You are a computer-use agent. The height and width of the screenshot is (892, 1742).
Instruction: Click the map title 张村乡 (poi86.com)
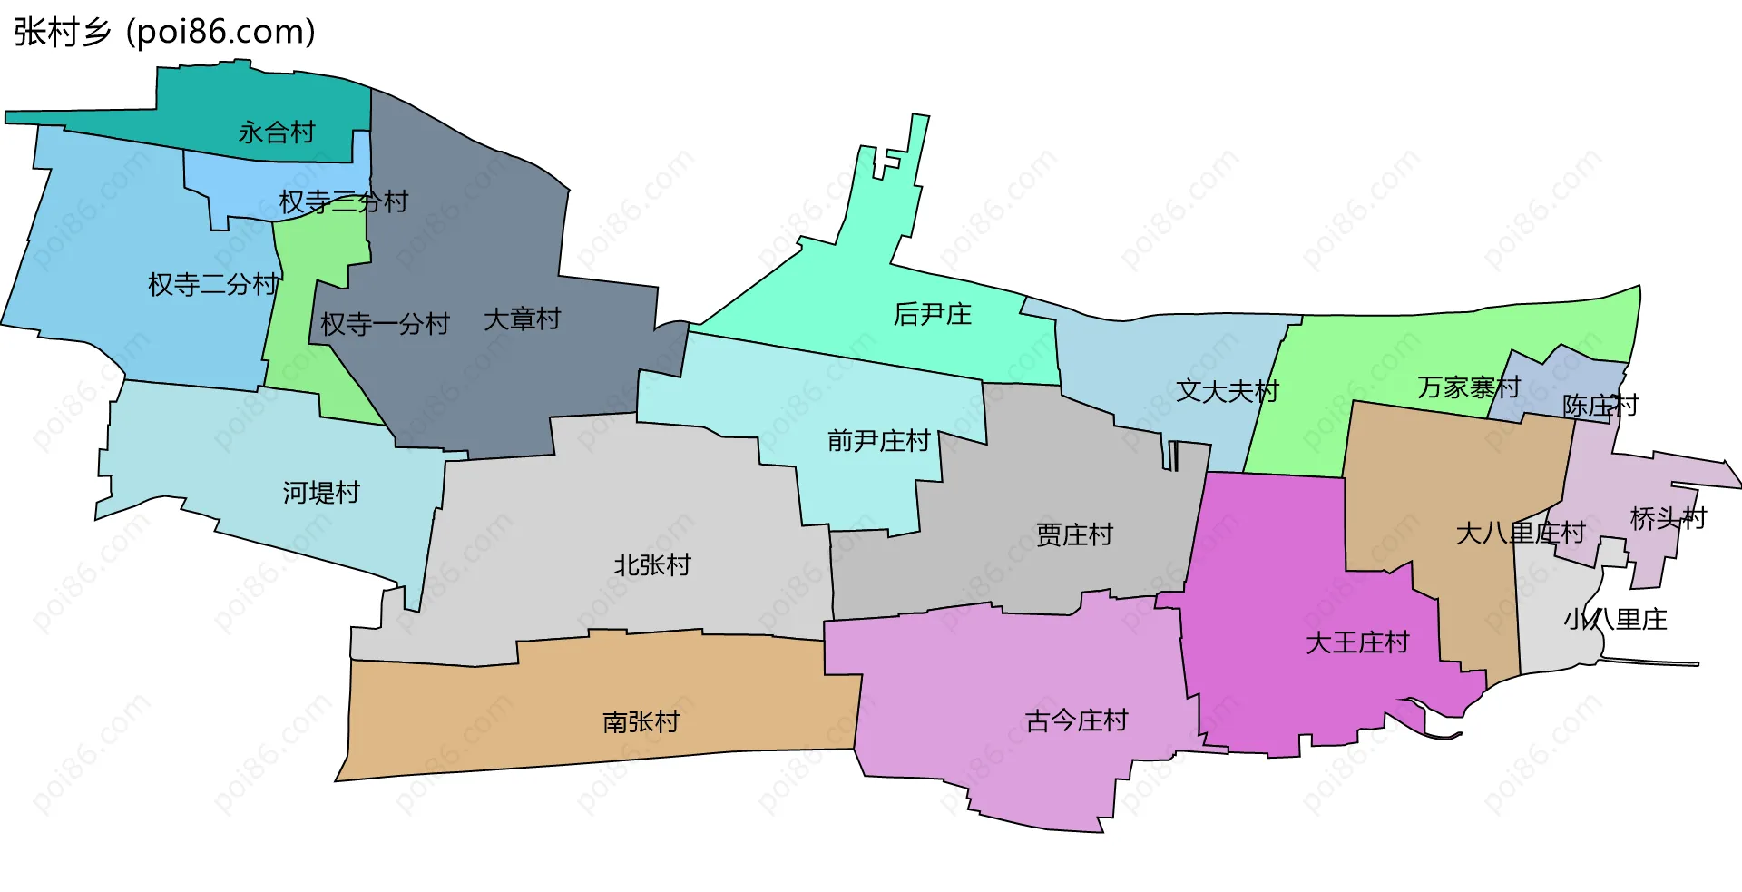point(164,32)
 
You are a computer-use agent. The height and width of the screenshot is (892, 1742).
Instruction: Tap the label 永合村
point(276,132)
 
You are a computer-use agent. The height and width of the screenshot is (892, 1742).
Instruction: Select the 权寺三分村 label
point(343,201)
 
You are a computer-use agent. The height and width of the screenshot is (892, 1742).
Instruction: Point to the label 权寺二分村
point(213,284)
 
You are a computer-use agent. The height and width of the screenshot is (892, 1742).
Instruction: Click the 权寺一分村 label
point(385,324)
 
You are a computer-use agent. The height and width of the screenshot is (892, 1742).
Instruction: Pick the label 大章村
point(522,319)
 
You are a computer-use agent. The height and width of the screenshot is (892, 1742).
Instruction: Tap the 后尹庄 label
point(932,314)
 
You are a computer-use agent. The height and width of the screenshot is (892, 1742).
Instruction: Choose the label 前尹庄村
point(878,441)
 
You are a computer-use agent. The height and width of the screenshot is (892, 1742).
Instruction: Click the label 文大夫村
point(1227,391)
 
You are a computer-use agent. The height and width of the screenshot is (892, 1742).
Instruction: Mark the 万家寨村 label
point(1468,387)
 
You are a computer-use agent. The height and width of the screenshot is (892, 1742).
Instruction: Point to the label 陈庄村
point(1600,406)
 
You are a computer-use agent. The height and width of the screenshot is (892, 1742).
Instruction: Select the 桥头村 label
point(1668,519)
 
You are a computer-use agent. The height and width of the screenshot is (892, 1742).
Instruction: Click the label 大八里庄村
point(1520,533)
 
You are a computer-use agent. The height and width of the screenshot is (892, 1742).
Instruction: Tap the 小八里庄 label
point(1615,620)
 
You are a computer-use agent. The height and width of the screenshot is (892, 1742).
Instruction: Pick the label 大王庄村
point(1356,642)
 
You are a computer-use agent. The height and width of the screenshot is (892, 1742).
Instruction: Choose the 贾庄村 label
point(1074,534)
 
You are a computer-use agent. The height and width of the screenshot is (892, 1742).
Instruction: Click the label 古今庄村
point(1076,720)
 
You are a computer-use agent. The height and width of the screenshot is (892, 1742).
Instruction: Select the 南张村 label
point(641,721)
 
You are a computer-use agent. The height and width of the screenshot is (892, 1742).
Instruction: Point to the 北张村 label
point(651,565)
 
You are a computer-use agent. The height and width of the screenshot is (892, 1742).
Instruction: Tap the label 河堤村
point(321,493)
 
